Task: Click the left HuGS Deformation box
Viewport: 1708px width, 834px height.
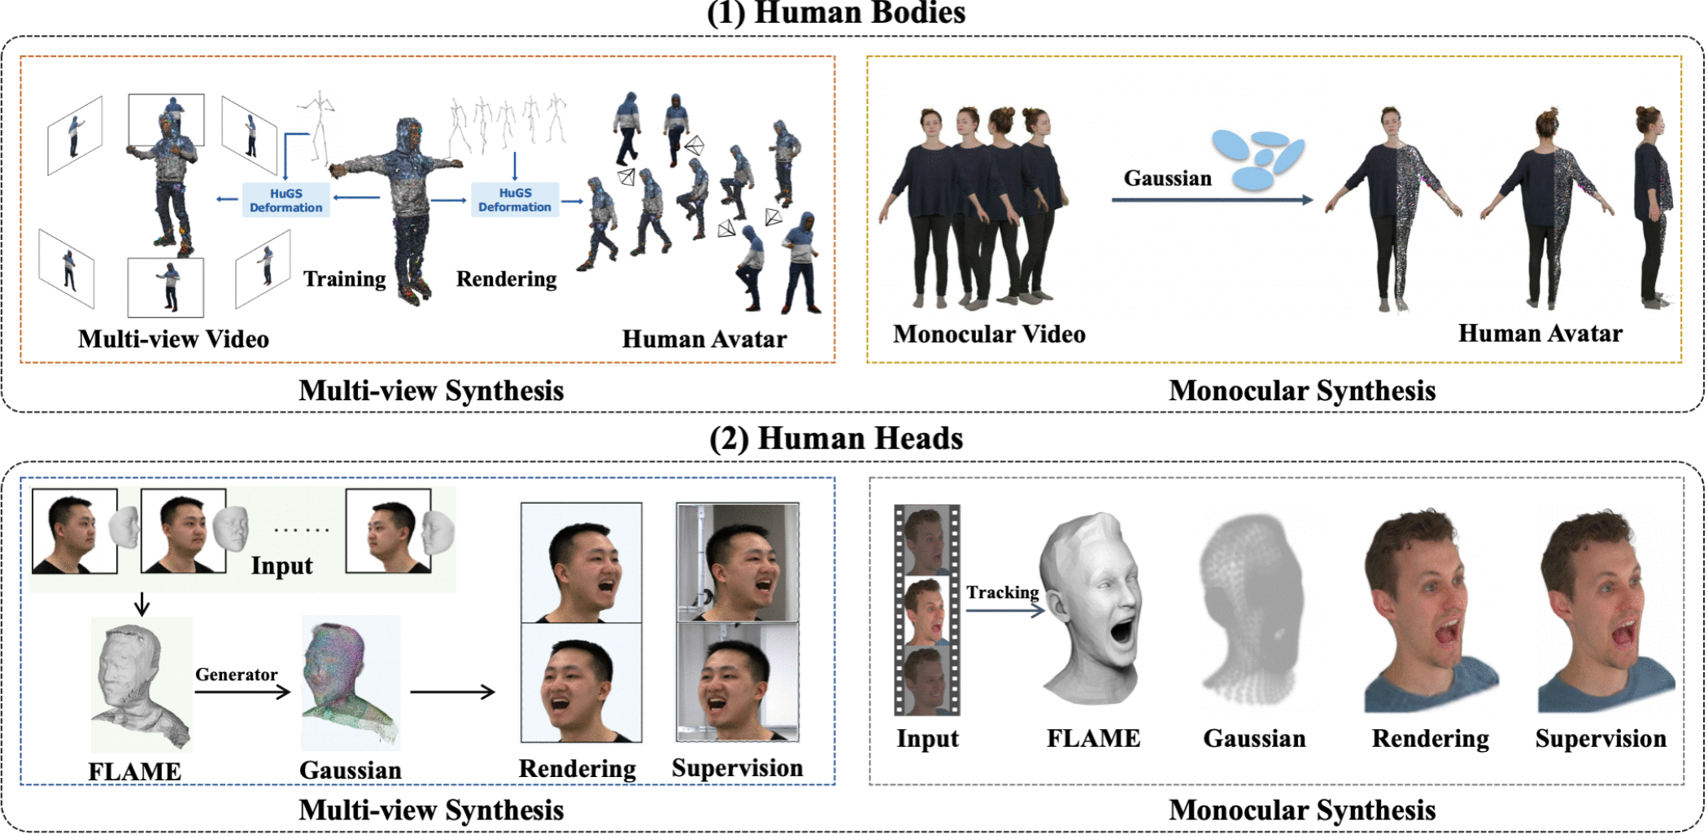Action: click(285, 200)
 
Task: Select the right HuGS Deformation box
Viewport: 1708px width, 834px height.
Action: click(514, 199)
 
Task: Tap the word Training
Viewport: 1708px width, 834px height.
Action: click(345, 279)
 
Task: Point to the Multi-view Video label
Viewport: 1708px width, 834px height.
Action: click(173, 339)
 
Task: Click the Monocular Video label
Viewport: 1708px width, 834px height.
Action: click(989, 334)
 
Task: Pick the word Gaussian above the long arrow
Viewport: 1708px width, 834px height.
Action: click(1167, 178)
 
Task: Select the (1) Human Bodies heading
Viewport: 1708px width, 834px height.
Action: click(836, 13)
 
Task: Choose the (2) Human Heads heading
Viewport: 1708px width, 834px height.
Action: click(836, 439)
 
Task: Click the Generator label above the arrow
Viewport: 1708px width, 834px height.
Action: click(236, 675)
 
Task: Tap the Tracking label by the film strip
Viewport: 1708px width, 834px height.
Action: click(1002, 592)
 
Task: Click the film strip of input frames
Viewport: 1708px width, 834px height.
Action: click(926, 610)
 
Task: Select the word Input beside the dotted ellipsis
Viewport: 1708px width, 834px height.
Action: click(281, 565)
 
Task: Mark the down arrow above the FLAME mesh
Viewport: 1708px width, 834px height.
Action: click(142, 604)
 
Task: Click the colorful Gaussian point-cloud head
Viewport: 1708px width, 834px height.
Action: click(350, 682)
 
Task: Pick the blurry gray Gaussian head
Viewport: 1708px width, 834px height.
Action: click(1253, 610)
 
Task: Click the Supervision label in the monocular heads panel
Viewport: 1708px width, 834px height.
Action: click(1600, 739)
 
